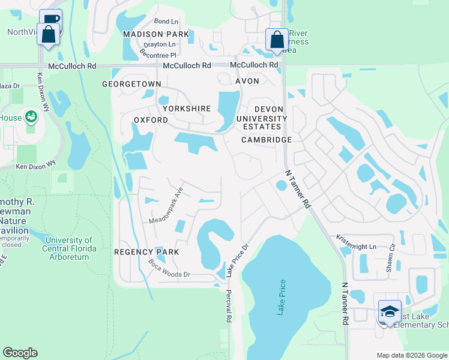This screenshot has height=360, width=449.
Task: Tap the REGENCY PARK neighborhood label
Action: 146,252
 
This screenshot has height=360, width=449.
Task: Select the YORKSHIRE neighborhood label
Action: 186,109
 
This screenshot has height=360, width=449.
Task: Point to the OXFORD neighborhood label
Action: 151,120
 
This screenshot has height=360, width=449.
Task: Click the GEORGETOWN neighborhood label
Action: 131,84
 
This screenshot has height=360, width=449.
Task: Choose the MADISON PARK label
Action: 156,34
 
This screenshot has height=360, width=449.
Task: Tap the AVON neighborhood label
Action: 247,81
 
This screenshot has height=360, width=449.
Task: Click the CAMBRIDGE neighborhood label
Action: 267,140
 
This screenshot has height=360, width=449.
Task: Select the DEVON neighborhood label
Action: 268,109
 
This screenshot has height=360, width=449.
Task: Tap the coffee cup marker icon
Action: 50,19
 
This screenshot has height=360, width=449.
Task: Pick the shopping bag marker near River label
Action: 277,40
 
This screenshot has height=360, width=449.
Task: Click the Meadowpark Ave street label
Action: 165,205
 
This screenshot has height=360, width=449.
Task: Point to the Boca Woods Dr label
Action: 169,269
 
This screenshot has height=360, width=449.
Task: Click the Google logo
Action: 20,353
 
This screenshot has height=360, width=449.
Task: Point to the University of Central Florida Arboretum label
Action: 70,248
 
